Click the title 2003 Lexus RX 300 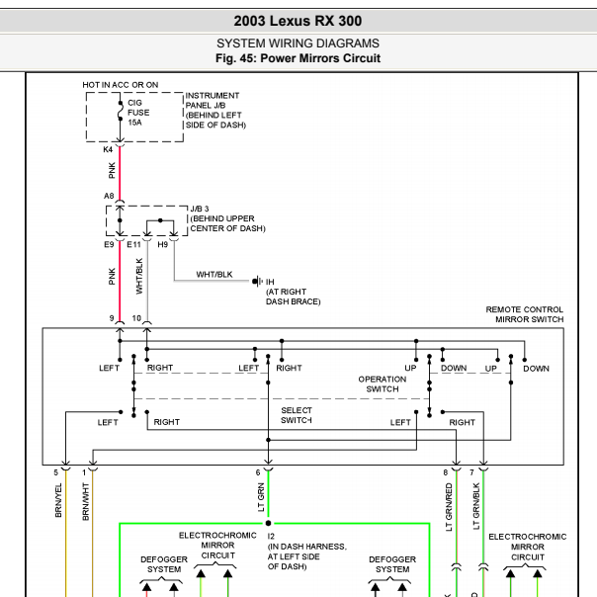[298, 21]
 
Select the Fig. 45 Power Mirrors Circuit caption [298, 58]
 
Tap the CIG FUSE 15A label [138, 113]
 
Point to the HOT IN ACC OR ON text [121, 85]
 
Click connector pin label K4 [108, 149]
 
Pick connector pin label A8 [109, 196]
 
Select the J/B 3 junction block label [200, 209]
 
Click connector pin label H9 [162, 244]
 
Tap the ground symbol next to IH [257, 282]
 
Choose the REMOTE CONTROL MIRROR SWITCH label [525, 314]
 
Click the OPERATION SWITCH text [383, 384]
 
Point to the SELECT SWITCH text [297, 415]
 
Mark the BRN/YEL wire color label [58, 500]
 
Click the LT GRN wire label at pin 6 [261, 497]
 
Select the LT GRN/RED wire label [449, 507]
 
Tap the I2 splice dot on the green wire [268, 524]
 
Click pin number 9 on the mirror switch [112, 318]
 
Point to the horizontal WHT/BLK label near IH [213, 275]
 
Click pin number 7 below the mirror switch [471, 472]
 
